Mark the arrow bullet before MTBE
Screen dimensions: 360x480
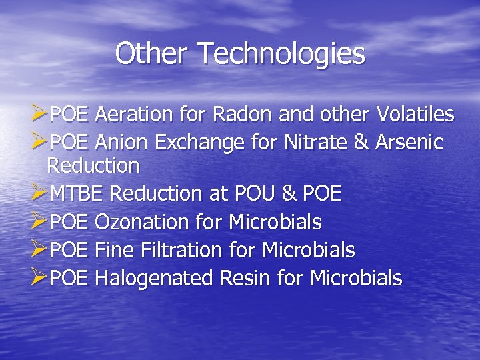tap(40, 194)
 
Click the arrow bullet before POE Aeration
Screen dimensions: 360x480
tap(40, 115)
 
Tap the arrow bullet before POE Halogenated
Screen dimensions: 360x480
tap(40, 278)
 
